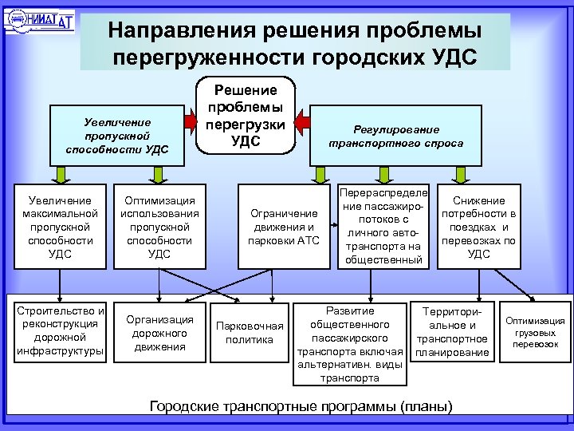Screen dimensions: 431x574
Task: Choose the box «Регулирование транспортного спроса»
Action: (395, 136)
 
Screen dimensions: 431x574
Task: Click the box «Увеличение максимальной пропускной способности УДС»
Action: (61, 227)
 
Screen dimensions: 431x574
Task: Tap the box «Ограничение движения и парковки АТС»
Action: (284, 227)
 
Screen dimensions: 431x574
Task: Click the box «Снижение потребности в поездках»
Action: (478, 227)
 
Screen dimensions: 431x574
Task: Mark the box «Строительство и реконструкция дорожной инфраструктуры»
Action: (61, 330)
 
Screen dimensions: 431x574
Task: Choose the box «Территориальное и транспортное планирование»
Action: (452, 330)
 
